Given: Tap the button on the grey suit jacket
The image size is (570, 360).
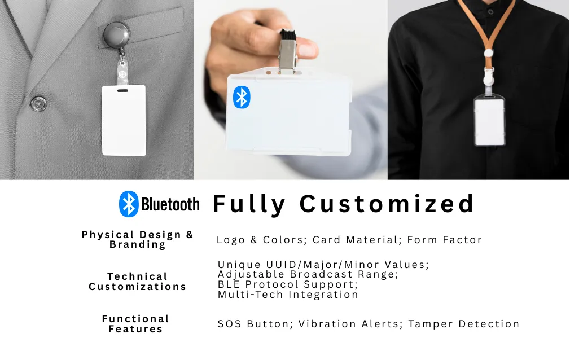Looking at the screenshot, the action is tap(38, 104).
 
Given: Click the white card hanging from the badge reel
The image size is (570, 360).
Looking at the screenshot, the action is tap(124, 120).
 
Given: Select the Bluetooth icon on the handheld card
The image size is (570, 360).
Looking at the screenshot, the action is tap(242, 97).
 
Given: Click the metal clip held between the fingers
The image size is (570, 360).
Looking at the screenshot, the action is tap(287, 52).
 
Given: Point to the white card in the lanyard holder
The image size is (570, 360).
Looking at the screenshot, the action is tap(489, 121).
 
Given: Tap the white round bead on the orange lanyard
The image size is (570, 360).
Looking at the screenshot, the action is tap(489, 54).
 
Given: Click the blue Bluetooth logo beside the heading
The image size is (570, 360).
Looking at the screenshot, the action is tap(129, 204).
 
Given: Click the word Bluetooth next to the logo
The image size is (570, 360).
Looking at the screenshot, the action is tap(170, 204).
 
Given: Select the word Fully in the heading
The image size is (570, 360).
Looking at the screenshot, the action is tap(249, 204).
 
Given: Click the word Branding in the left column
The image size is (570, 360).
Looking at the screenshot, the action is tap(137, 245).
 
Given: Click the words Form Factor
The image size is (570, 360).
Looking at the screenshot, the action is tap(445, 240).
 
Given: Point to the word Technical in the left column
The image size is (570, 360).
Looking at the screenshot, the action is tap(137, 276).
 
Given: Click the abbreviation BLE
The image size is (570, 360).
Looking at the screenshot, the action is tap(229, 284).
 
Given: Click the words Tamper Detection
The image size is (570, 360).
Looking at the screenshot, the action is tap(464, 324).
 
